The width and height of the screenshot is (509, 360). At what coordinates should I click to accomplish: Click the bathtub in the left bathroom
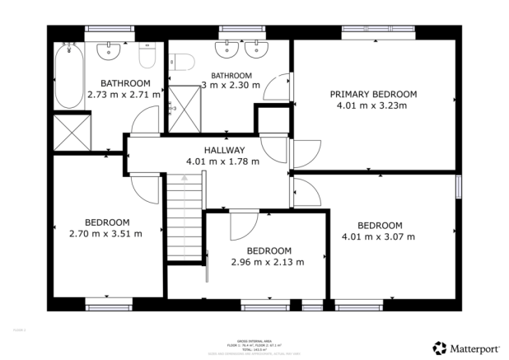(68, 75)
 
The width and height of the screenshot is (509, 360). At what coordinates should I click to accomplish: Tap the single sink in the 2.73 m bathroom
(110, 51)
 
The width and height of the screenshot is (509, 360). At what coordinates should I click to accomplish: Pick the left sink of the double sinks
(226, 49)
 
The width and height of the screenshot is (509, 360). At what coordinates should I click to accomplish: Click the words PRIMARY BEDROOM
(373, 95)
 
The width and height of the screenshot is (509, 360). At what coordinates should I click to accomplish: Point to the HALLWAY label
(225, 150)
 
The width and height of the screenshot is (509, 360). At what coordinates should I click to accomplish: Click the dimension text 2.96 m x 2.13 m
(269, 262)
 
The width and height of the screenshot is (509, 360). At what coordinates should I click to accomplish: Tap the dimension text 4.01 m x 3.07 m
(379, 236)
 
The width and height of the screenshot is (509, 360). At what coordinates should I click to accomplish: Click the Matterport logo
(465, 348)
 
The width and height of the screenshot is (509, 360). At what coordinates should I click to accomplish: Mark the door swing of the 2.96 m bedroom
(243, 224)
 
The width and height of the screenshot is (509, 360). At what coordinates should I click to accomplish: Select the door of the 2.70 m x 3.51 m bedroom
(147, 189)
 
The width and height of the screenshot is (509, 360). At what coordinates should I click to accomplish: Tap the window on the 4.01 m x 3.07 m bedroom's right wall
(459, 186)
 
